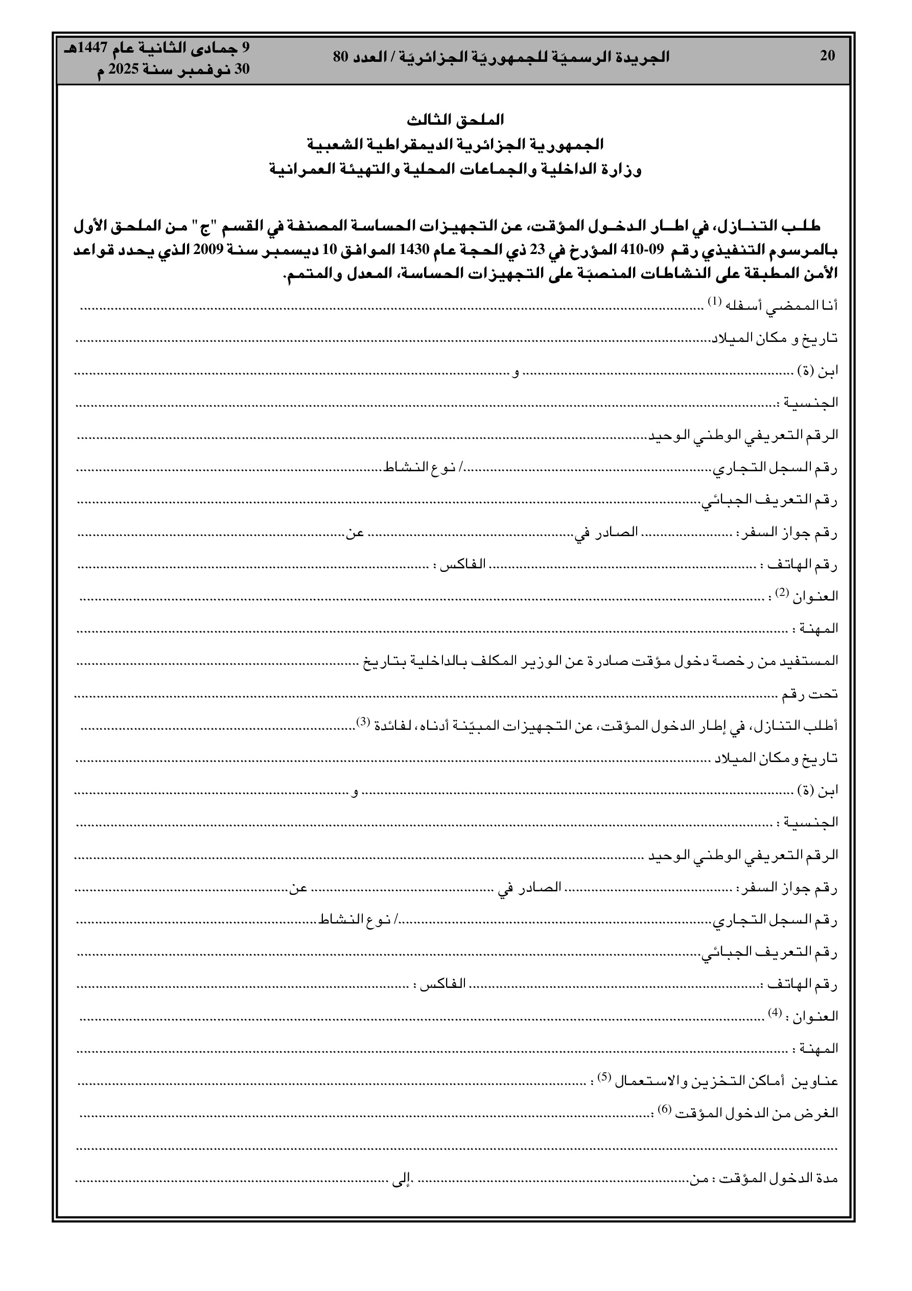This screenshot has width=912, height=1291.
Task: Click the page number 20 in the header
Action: tap(827, 56)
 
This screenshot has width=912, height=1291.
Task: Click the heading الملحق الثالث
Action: tap(455, 120)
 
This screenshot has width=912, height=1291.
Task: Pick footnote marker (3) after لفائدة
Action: tap(364, 722)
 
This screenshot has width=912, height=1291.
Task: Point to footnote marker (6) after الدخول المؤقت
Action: tap(665, 1110)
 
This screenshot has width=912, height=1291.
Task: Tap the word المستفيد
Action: tap(813, 661)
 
